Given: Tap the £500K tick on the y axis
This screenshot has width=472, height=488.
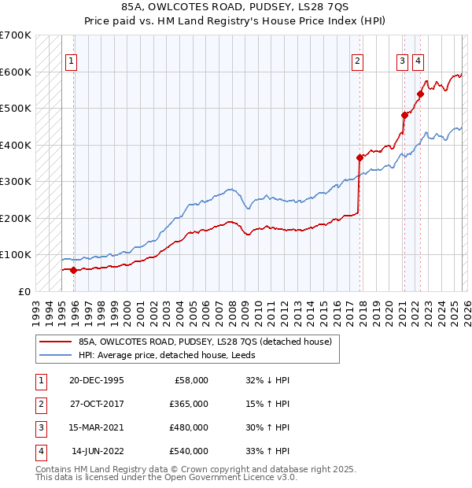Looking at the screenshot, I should point(16,108).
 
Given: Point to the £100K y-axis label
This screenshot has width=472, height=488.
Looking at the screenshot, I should point(16,255).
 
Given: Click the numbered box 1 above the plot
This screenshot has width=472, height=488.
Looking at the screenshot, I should point(72,61).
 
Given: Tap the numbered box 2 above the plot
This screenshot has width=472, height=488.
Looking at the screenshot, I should point(357,61).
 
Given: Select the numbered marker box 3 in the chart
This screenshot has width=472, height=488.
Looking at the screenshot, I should point(402,61).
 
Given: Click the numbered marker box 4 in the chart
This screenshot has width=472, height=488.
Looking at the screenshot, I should point(418,61).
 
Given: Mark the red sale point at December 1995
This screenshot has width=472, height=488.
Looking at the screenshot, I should point(74,270).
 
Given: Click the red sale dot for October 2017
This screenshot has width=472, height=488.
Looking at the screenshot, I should point(360,157).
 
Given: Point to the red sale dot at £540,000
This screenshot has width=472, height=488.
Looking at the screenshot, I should point(420,94).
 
